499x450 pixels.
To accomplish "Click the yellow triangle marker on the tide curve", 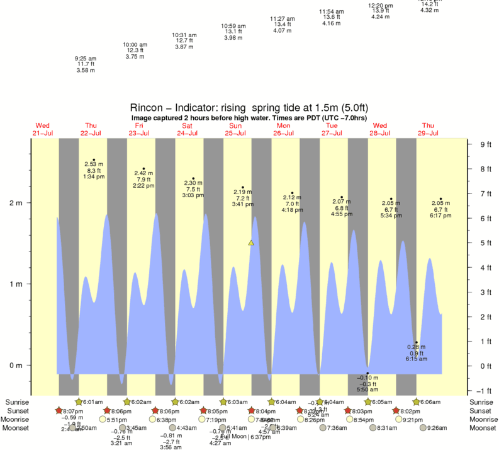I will (x=251, y=243).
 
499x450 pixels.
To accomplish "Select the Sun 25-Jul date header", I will (x=235, y=129).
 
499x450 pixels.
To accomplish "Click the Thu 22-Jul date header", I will (x=91, y=129).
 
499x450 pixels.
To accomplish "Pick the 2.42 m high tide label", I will (x=144, y=173).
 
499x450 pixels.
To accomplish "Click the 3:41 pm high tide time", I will (x=242, y=204).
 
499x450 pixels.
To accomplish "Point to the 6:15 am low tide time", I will (x=416, y=359).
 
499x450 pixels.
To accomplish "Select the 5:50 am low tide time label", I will (x=367, y=390).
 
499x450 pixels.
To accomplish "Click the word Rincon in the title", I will (x=145, y=107).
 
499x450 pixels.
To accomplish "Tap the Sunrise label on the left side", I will (x=18, y=401).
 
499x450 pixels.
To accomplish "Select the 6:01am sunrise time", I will (x=93, y=402).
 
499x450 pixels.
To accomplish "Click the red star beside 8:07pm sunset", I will (x=59, y=410).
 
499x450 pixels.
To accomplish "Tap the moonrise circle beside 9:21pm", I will (x=398, y=419).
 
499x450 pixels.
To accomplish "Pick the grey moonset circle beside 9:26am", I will (x=422, y=427).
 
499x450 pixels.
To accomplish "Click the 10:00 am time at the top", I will (x=135, y=45).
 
